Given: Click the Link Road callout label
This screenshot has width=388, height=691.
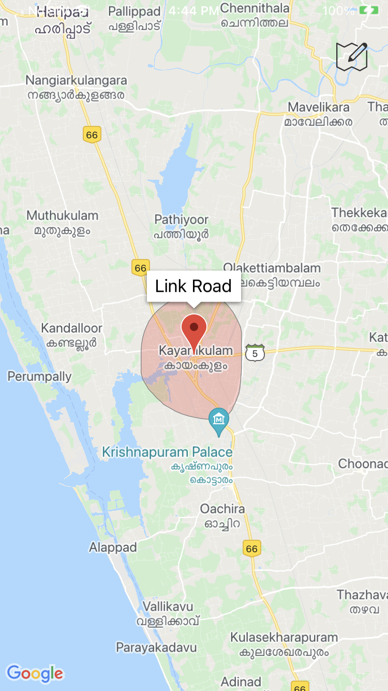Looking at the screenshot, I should click(193, 286).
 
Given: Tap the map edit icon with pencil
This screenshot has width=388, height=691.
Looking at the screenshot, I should click(352, 56).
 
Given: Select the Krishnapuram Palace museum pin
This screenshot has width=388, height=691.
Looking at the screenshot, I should click(219, 420).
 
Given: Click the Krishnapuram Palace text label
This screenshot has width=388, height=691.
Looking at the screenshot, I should click(167, 452).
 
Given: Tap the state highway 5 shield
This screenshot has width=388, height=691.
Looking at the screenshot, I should click(255, 353).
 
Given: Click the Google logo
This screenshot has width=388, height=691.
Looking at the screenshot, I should click(35, 673).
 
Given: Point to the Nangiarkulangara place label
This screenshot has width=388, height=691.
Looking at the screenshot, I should click(76, 81).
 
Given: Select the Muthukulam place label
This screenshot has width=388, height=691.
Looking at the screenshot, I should click(62, 215).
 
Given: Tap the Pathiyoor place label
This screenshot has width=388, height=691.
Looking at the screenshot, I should click(181, 220).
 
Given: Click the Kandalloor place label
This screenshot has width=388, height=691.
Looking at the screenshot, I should click(71, 328).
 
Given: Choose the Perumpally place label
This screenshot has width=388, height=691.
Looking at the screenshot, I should click(39, 377).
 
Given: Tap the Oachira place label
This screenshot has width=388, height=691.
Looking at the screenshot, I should click(222, 509).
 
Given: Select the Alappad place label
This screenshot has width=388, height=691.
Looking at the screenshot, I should click(113, 548).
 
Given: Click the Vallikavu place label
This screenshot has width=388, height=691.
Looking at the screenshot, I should click(168, 607).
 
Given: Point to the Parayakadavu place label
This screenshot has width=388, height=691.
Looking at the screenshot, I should click(156, 647).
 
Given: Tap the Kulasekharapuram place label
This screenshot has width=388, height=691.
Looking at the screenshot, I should click(284, 638).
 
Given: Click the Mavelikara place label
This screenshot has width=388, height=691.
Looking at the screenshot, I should click(319, 108).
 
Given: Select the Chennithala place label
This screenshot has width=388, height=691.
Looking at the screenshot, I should click(255, 8).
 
